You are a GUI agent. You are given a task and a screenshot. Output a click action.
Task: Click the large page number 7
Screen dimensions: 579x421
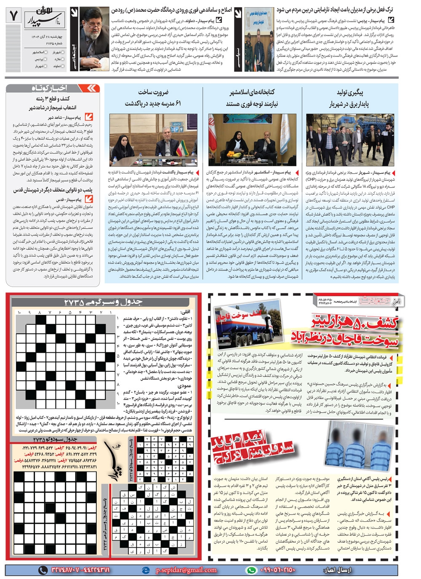[14, 16]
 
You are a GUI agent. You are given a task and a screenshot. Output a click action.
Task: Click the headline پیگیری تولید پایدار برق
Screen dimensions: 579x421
[349, 98]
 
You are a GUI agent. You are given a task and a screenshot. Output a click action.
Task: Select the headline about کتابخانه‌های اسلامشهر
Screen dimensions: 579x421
[252, 98]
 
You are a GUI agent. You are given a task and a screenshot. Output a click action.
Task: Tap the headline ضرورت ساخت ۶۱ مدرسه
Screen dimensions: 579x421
[153, 98]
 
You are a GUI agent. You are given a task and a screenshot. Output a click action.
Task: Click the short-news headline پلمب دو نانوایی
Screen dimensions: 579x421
[53, 190]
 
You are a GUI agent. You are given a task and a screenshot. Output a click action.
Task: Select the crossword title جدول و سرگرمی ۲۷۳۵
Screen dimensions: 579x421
[103, 302]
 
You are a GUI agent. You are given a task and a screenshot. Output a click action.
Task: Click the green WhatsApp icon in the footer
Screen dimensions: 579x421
[251, 570]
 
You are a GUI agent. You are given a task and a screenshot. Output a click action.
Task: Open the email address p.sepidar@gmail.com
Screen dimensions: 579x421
[186, 570]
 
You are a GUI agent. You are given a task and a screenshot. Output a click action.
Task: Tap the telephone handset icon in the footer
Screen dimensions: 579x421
[43, 570]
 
